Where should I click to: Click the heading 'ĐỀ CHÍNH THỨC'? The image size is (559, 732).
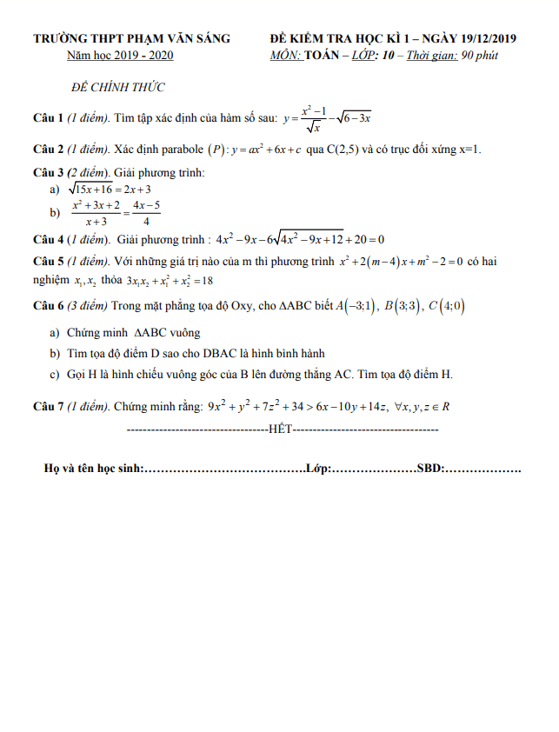click(x=118, y=88)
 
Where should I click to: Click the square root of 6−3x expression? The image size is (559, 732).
click(x=354, y=117)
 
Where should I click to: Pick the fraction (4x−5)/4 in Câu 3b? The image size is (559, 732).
click(x=145, y=213)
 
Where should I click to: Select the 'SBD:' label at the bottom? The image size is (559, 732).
click(x=430, y=469)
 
